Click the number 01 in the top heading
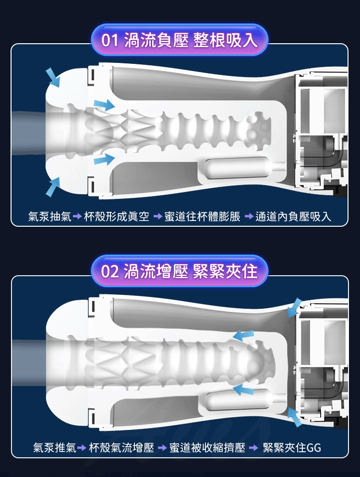pos(110,40)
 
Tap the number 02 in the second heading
pos(110,271)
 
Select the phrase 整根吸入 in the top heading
pos(225,40)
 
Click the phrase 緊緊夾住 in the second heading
pos(225,271)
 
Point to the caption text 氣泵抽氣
pos(49,216)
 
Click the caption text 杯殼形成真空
pos(117,216)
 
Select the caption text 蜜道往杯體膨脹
pos(202,216)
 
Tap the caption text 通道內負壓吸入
pos(293,216)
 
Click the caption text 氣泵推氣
pos(54,448)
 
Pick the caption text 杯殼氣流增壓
pos(121,448)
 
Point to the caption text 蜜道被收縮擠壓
pos(207,448)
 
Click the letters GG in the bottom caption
pos(314,448)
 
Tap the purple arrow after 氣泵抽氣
pos(78,217)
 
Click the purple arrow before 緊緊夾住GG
pos(253,448)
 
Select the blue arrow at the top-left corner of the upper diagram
pos(53,77)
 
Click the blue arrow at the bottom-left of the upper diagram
pos(53,186)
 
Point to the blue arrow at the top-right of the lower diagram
pos(295,307)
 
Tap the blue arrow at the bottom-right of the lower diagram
pos(295,417)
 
